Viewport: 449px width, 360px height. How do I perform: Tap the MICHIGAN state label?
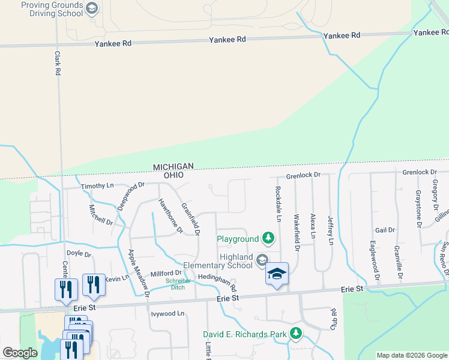(x=173, y=166)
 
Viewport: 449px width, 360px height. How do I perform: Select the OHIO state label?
(x=173, y=175)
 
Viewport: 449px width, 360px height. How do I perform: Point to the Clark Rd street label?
(x=58, y=63)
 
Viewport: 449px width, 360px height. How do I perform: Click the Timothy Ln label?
(x=97, y=186)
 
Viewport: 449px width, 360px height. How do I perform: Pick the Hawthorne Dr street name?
(x=170, y=215)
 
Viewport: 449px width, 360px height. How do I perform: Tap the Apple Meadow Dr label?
(x=138, y=273)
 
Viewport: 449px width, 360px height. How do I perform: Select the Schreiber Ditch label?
(x=178, y=284)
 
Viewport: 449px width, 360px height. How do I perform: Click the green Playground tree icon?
(x=268, y=239)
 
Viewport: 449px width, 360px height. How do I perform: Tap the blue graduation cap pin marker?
(x=277, y=274)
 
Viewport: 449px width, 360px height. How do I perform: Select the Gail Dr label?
(x=385, y=230)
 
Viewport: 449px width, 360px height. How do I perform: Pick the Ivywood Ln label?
(x=168, y=313)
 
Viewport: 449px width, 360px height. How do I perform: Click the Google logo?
(x=20, y=353)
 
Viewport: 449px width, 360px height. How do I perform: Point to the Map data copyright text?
(x=412, y=355)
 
